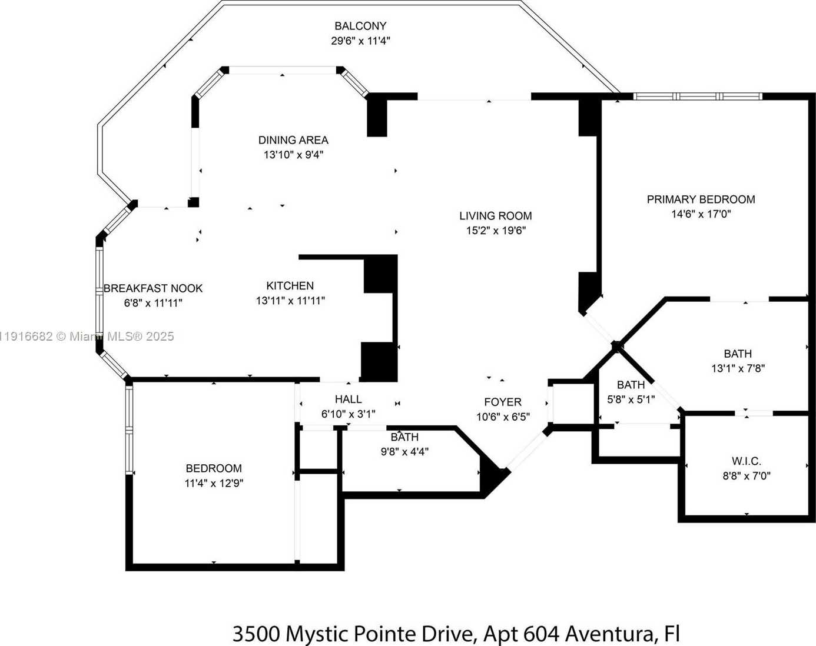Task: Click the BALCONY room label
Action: [360, 26]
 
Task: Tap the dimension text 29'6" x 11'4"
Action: [360, 41]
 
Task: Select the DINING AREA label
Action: [293, 140]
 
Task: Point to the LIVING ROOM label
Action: [496, 216]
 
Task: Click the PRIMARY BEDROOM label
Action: [701, 199]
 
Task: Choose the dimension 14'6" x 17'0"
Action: [701, 214]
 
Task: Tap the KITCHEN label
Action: [290, 286]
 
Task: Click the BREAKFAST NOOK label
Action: [153, 288]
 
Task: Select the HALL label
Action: [348, 399]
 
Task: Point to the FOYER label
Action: [503, 402]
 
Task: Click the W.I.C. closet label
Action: [746, 461]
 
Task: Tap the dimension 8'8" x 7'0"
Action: [746, 476]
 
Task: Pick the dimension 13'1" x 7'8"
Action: [738, 368]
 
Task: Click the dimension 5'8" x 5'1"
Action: [631, 399]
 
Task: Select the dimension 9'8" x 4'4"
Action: [404, 452]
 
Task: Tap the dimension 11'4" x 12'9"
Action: [214, 484]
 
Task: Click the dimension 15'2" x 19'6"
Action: [496, 231]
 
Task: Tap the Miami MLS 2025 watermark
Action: [87, 336]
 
